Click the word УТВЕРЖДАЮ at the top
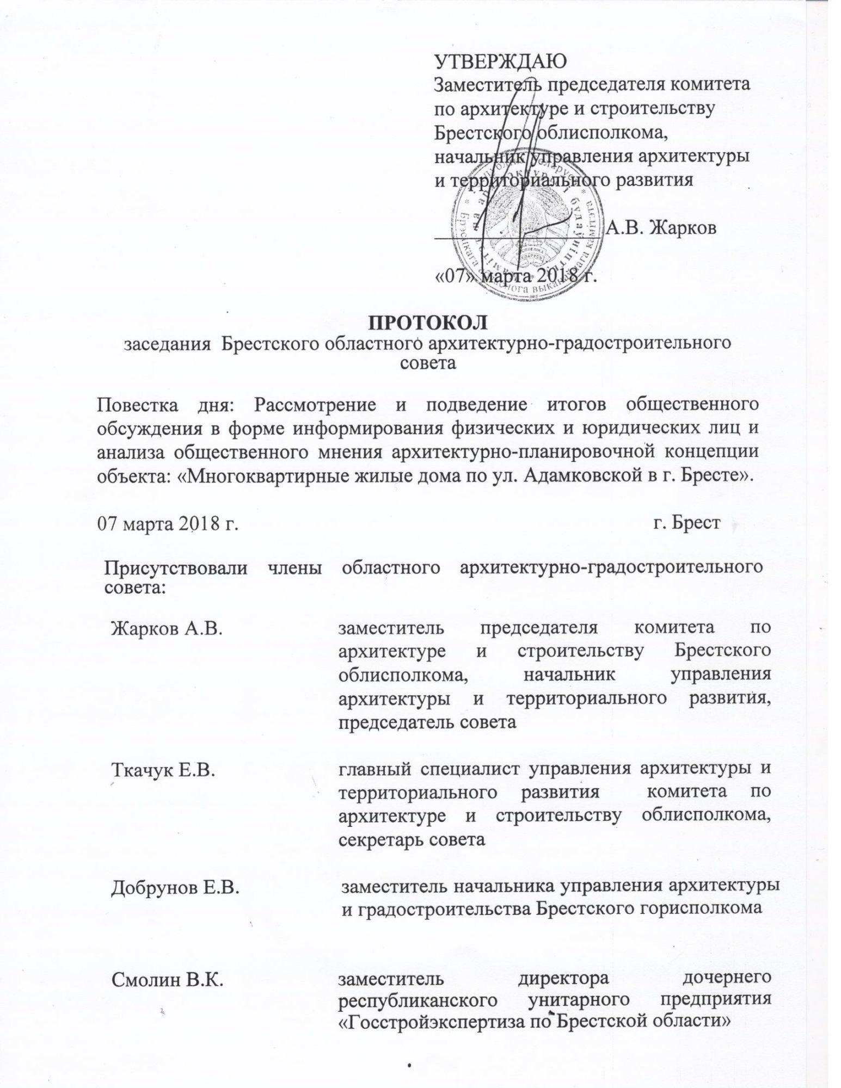[x=500, y=61]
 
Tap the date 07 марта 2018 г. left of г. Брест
[x=169, y=524]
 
